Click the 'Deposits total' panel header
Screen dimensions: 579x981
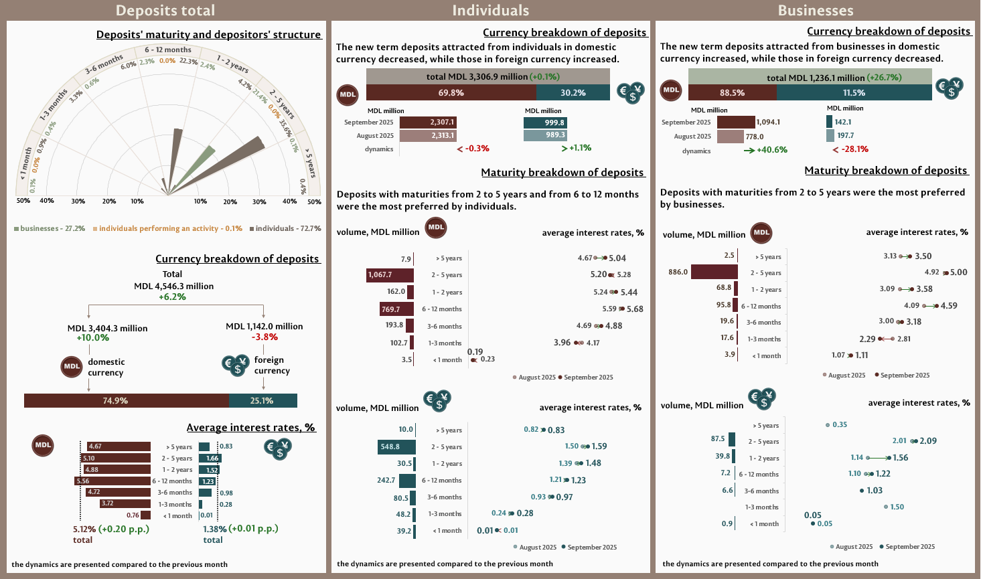(x=165, y=11)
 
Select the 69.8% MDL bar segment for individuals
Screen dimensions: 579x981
(x=451, y=93)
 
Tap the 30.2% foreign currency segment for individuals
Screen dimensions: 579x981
(x=573, y=93)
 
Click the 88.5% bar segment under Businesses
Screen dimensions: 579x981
(x=732, y=92)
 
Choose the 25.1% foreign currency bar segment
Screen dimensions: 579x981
(x=262, y=401)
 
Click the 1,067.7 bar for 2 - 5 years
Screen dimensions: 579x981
(x=390, y=275)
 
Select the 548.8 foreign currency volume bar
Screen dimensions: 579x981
(x=396, y=447)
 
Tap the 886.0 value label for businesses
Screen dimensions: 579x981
(x=678, y=272)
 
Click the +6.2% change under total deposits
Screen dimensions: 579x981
(x=172, y=297)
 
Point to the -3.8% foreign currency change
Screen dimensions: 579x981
(x=265, y=337)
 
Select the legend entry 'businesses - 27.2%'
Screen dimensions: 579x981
(x=50, y=229)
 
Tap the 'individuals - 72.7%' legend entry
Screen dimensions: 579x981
(x=285, y=229)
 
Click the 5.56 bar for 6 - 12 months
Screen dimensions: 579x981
(x=112, y=481)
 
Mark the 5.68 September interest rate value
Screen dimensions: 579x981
(x=635, y=309)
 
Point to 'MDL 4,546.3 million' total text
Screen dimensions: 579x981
(x=173, y=286)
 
